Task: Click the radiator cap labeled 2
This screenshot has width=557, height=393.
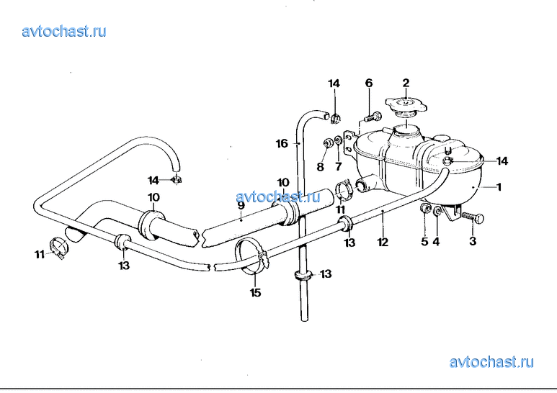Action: (406, 105)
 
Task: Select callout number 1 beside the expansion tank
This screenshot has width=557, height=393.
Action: (499, 186)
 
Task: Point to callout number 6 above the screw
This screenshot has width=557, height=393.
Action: (369, 83)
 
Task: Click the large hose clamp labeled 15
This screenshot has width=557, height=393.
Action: (253, 256)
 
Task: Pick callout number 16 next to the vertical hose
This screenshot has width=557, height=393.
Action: (282, 144)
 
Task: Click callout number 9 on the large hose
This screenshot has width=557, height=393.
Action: (241, 205)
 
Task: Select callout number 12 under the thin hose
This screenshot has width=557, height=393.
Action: (383, 243)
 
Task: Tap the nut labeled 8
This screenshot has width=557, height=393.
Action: (327, 143)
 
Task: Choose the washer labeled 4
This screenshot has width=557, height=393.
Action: (437, 211)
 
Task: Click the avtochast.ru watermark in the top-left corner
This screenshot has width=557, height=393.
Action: (64, 31)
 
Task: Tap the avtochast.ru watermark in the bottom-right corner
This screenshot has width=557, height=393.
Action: (491, 362)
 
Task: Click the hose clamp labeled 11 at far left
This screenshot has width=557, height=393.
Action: (58, 246)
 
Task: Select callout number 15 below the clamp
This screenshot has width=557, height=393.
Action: (256, 293)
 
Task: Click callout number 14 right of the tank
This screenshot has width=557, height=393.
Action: (502, 161)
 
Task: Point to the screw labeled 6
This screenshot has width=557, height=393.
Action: (373, 117)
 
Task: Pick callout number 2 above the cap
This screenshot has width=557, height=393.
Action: (406, 83)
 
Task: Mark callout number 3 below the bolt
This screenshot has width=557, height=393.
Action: (473, 241)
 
